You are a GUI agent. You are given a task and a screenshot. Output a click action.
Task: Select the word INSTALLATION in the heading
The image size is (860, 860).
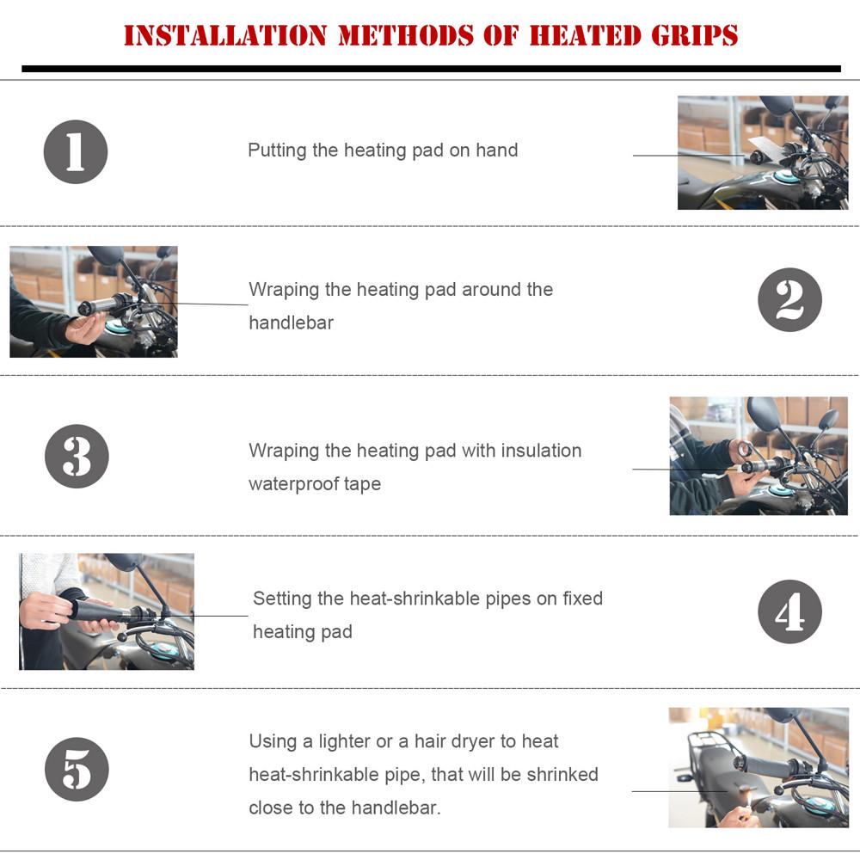225,36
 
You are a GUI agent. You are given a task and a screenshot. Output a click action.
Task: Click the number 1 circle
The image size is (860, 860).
76,151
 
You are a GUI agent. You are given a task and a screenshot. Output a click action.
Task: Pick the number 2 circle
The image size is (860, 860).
789,300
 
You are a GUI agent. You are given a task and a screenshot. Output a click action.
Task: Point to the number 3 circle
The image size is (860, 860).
77,457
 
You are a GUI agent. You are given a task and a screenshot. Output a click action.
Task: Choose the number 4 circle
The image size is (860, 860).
789,611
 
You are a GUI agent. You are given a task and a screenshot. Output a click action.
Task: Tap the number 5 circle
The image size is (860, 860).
77,769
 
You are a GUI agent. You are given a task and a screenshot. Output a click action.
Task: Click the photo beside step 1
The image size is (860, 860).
762,152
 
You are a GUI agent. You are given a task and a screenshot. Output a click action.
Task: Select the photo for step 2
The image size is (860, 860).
94,302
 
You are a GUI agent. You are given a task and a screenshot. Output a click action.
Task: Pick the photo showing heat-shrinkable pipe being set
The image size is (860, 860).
107,611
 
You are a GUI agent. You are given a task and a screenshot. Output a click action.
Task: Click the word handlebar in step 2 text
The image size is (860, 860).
291,322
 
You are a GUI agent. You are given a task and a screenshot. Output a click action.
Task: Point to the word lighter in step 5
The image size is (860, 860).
343,741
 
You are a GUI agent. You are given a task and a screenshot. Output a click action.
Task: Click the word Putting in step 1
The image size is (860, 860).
277,150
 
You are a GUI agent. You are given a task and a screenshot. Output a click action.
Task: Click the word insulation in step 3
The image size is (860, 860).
541,451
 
